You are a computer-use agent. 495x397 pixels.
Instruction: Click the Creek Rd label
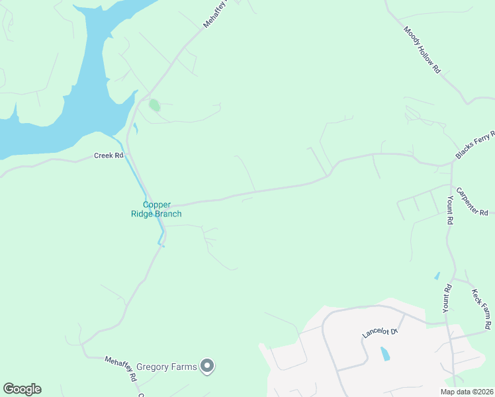109,155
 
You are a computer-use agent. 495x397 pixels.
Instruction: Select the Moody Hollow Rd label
422,50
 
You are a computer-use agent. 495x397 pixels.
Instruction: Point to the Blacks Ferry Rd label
474,145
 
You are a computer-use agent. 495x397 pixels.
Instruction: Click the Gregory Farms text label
167,366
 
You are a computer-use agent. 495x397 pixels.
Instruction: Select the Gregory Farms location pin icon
208,365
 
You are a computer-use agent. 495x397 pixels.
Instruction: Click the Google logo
22,389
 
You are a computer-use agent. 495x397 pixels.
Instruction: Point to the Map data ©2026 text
466,392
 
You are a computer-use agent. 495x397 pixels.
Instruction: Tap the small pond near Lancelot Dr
385,354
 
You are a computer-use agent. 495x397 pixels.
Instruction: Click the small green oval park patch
154,105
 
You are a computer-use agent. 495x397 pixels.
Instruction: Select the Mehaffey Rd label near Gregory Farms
120,369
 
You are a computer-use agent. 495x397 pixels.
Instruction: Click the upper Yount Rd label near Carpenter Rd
449,210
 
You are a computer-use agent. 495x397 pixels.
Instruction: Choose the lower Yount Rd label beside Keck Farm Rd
447,298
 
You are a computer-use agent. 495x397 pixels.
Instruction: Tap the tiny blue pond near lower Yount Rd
437,275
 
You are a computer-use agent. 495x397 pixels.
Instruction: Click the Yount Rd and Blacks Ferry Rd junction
451,163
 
